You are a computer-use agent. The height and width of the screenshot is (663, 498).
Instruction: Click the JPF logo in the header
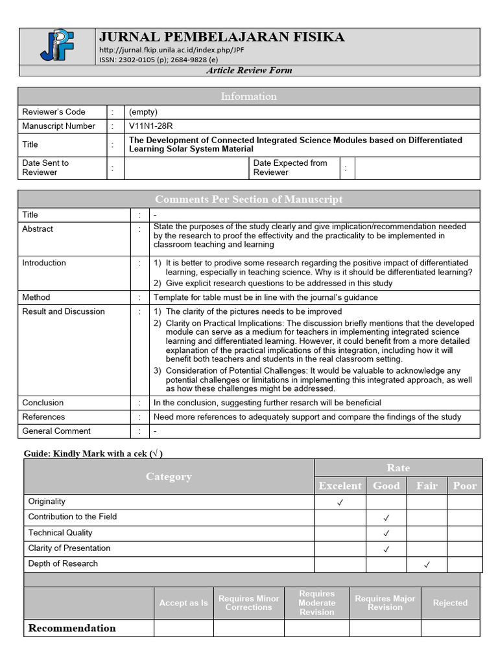point(58,45)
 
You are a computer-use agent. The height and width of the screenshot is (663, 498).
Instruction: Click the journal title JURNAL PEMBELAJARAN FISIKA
point(222,37)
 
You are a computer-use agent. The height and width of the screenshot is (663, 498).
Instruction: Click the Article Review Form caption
point(249,71)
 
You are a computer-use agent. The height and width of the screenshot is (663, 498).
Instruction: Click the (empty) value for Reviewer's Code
point(143,112)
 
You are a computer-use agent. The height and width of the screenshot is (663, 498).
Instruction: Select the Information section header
point(249,96)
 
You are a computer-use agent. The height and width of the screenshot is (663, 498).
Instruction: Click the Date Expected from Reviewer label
point(290,168)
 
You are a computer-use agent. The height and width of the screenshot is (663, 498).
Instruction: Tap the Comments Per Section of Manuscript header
point(249,199)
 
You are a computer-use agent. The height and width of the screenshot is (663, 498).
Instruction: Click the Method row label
point(36,297)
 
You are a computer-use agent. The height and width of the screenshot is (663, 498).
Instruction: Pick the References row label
point(43,417)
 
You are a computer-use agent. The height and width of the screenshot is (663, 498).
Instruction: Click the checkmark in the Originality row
point(340,502)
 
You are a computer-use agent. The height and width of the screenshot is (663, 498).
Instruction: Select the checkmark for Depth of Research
point(427,565)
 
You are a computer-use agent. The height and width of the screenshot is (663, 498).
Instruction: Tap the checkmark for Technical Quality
point(386,534)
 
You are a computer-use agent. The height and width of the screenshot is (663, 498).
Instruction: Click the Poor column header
point(464,486)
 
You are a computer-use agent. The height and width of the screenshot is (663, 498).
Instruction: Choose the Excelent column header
point(340,486)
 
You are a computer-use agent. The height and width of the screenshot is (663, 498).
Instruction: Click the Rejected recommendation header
point(450,603)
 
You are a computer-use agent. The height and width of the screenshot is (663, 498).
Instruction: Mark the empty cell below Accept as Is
point(184,628)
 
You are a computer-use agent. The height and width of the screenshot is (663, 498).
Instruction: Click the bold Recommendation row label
point(72,628)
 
